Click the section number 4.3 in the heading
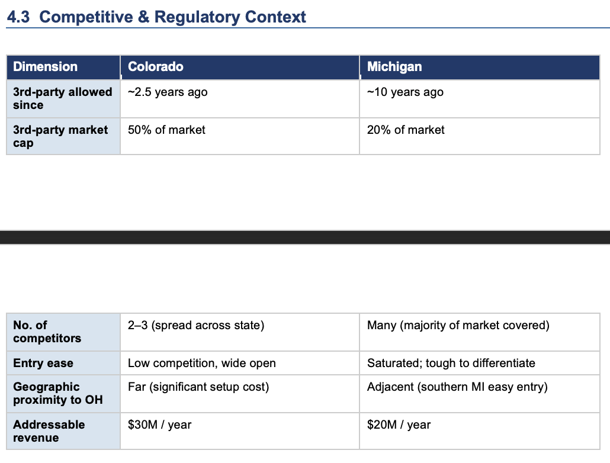18,17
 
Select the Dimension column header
45,66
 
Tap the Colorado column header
156,66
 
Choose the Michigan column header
394,67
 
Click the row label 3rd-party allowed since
63,98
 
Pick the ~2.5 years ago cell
168,92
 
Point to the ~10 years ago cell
405,92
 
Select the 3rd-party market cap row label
60,136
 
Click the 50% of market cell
166,130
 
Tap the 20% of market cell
406,130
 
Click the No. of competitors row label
47,332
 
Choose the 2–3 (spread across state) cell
196,325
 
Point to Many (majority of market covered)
458,325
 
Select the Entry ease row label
43,363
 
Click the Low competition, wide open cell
202,364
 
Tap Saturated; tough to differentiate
451,364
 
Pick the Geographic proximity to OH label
58,393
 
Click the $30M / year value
159,425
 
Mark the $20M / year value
399,425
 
